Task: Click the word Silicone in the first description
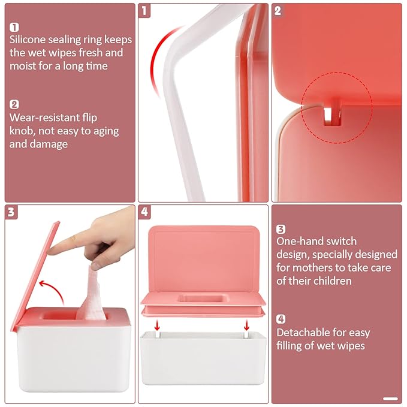[x=29, y=40]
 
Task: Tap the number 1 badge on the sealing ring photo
[x=144, y=11]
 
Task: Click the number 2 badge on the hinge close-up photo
[x=278, y=11]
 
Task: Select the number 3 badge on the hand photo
[x=12, y=212]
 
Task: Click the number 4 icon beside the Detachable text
[x=281, y=319]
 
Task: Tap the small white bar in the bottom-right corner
[x=390, y=398]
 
